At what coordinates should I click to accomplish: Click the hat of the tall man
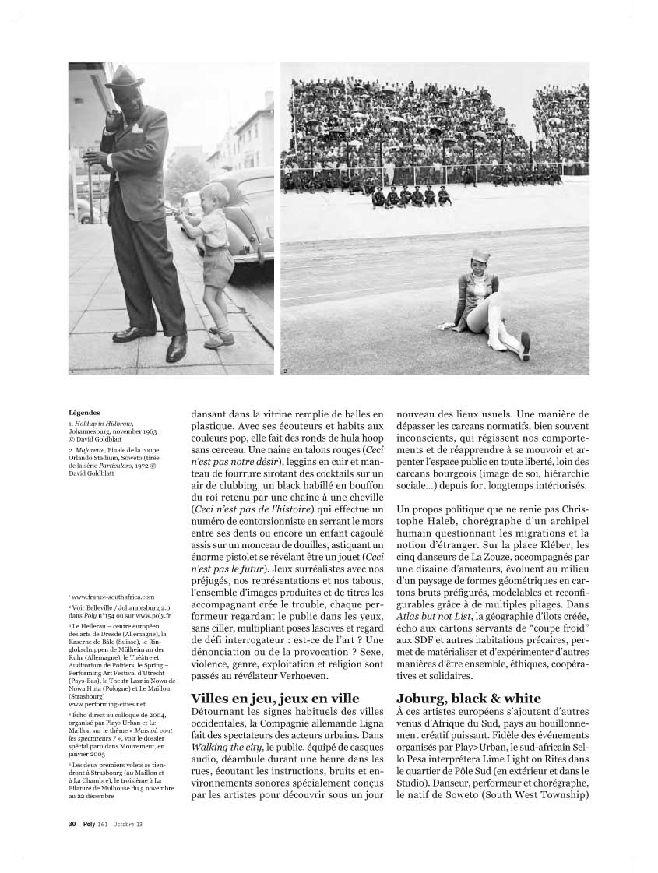(x=125, y=78)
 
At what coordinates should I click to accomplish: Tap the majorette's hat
(x=481, y=255)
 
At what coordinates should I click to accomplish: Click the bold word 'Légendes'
(x=84, y=414)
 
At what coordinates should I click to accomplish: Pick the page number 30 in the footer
(x=72, y=824)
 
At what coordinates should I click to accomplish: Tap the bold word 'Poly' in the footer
(x=90, y=824)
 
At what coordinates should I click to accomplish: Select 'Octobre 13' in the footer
(x=128, y=824)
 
